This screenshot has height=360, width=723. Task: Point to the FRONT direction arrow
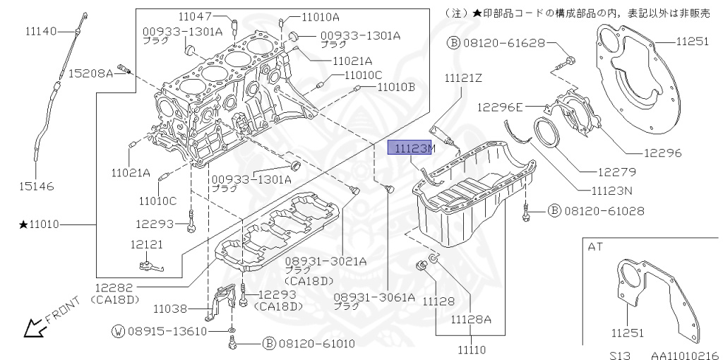31,328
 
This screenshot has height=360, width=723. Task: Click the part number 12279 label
615,172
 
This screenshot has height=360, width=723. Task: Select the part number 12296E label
499,107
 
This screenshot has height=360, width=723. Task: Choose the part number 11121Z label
463,78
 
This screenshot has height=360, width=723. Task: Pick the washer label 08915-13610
168,331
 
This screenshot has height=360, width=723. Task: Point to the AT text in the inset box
595,246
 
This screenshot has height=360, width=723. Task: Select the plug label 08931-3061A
374,297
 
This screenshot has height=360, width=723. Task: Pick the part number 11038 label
172,308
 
